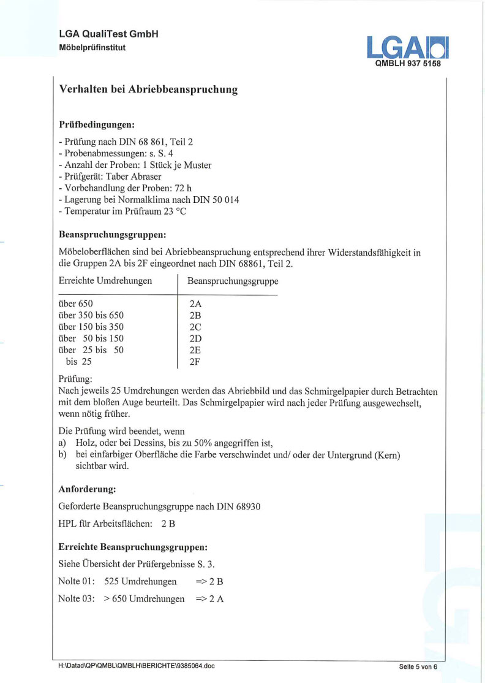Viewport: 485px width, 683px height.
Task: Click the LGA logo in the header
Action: pos(407,47)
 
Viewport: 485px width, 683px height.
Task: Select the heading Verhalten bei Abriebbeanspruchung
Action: pos(148,90)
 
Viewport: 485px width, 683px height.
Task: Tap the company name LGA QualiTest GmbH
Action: pos(109,34)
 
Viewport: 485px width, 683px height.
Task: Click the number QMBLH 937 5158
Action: pos(408,63)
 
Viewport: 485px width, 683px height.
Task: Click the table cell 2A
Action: pos(196,303)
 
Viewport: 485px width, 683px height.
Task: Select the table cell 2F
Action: pos(196,362)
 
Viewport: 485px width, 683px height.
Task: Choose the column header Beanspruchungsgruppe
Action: pos(233,281)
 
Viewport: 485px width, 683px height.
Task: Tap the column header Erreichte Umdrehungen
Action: pos(105,281)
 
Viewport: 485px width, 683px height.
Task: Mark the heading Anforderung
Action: pos(87,489)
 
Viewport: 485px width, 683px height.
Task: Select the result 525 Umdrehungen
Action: pos(141,581)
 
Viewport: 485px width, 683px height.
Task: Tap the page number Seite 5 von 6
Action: pos(418,666)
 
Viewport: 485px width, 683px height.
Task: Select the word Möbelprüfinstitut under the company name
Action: pos(92,47)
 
